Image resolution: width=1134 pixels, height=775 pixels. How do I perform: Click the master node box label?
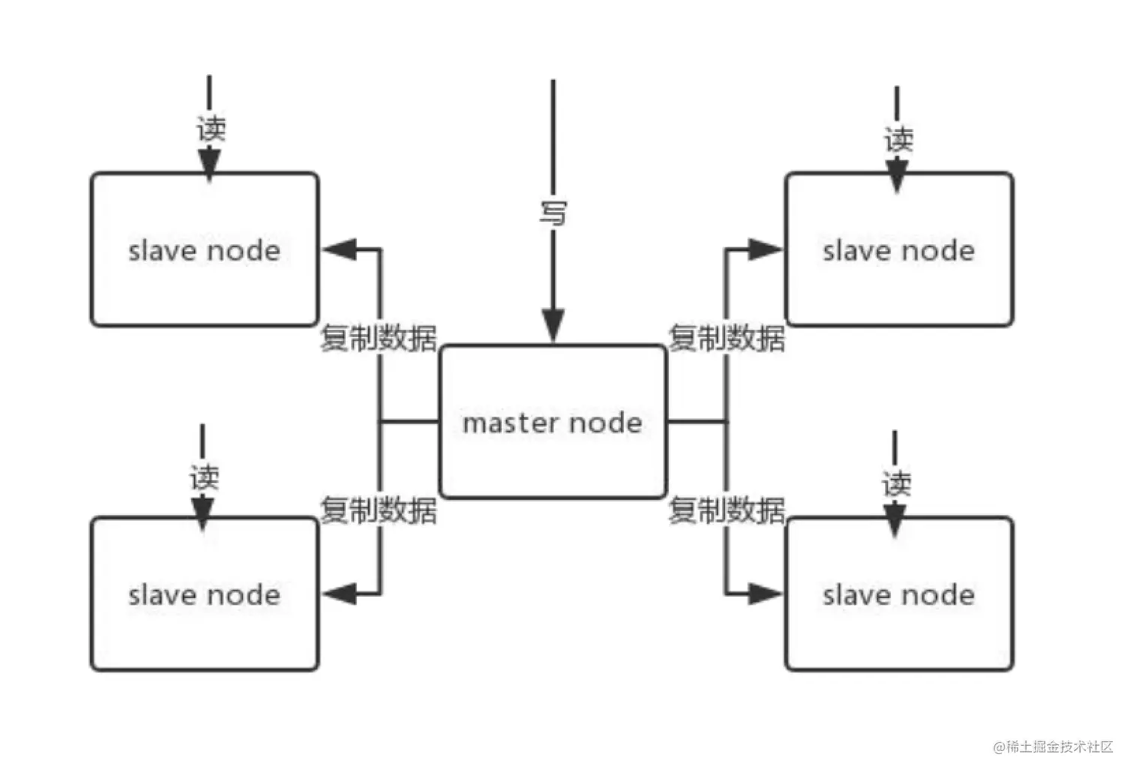pos(552,423)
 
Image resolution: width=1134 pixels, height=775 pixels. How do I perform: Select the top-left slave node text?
pos(204,251)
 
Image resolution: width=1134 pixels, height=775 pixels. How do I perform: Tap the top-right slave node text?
pos(898,251)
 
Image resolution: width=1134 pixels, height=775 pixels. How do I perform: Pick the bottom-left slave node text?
pos(204,595)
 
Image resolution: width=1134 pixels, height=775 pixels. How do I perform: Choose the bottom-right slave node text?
pos(898,595)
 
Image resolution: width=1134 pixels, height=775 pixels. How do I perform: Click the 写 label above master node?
pos(553,213)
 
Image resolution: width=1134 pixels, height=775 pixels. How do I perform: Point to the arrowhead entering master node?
pos(553,327)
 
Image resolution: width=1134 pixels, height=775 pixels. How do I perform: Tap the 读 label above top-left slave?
pos(211,128)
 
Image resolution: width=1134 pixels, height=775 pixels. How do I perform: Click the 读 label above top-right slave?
pos(898,139)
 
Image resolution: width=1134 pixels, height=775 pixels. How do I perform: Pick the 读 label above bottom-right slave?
pos(896,483)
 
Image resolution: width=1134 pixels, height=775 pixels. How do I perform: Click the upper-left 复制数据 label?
pos(378,338)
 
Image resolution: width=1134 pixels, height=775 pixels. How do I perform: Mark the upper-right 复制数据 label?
pos(726,338)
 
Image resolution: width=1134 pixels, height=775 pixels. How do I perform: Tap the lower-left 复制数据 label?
pos(378,510)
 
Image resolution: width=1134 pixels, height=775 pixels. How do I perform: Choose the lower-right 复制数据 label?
pos(726,510)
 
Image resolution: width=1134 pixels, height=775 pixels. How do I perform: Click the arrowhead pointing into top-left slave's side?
pos(339,250)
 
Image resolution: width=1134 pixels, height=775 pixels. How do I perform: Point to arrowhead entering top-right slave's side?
pos(765,250)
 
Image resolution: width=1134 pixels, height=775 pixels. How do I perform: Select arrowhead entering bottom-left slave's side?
pos(339,594)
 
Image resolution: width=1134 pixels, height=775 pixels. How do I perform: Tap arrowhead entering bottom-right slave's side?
pos(765,594)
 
